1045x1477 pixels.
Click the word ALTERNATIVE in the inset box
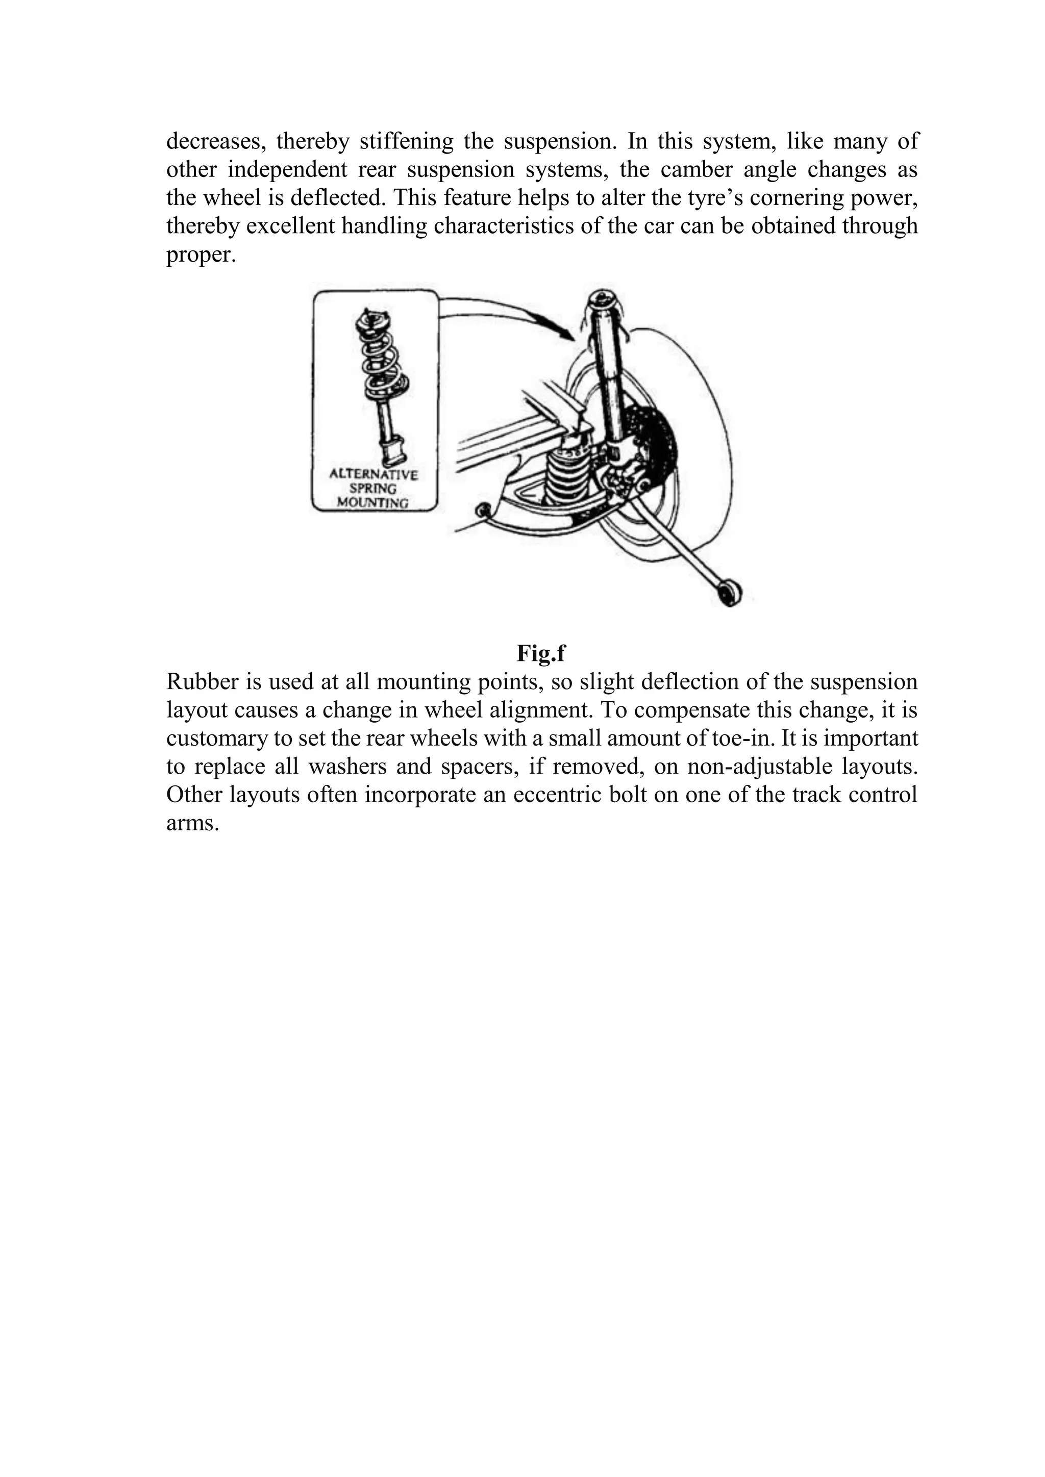(x=373, y=475)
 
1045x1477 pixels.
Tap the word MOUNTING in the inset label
(x=373, y=503)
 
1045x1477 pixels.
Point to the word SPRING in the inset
(x=373, y=489)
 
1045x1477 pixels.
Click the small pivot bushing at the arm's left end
(x=481, y=512)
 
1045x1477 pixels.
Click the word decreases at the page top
(x=215, y=141)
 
